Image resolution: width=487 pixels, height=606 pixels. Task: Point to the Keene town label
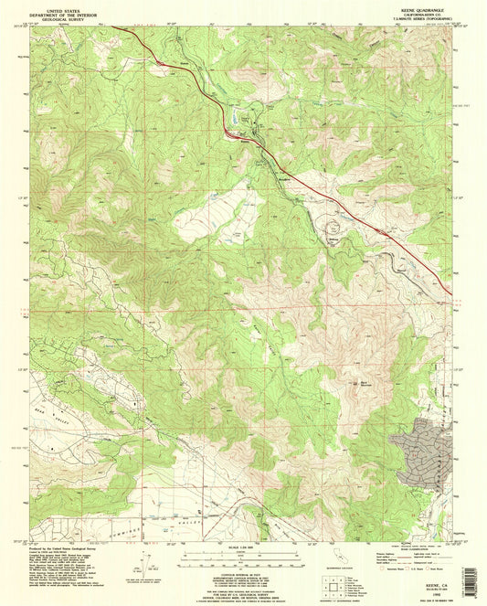pyautogui.click(x=243, y=140)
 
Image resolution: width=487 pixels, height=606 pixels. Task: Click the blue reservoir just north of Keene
pyautogui.click(x=238, y=118)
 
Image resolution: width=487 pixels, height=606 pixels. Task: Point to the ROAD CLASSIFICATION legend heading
pyautogui.click(x=412, y=548)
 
